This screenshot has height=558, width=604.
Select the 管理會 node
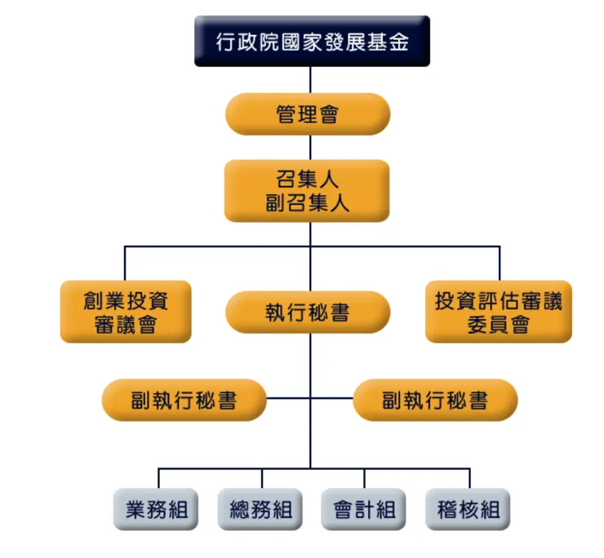[x=308, y=114]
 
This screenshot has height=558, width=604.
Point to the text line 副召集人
[x=307, y=202]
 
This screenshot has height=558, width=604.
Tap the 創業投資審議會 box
[x=126, y=312]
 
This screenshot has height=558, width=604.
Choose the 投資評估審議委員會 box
[x=499, y=312]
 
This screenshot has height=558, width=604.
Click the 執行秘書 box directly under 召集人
[x=308, y=312]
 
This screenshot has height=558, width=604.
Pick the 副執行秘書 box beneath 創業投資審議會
[x=184, y=400]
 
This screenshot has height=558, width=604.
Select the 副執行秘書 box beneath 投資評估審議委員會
[x=435, y=400]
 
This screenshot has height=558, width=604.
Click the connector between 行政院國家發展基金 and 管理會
[x=309, y=80]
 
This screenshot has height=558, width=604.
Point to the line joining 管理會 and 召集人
[x=309, y=148]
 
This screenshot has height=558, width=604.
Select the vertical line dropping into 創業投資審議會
[x=125, y=263]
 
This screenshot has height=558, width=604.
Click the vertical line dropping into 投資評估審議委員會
[x=499, y=263]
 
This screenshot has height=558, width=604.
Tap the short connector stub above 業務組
[x=158, y=479]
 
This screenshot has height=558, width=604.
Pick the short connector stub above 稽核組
[x=469, y=479]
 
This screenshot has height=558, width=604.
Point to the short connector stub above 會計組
[x=365, y=479]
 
